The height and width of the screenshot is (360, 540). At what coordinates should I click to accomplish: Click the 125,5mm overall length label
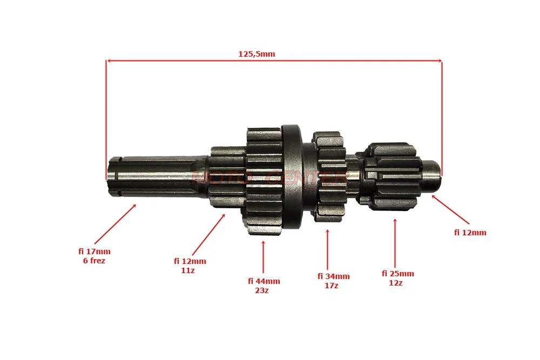click(x=256, y=54)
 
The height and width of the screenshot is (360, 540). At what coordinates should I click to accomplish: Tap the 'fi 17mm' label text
click(x=94, y=252)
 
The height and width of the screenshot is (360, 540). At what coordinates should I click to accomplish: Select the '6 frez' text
click(x=94, y=261)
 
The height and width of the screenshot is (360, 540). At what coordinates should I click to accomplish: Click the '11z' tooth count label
click(x=188, y=270)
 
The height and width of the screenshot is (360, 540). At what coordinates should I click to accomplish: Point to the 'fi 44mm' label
click(x=264, y=281)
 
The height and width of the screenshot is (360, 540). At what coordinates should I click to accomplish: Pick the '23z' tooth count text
click(x=262, y=290)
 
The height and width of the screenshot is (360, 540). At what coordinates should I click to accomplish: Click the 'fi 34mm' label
click(x=333, y=276)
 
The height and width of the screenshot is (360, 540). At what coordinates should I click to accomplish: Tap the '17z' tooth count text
click(x=332, y=286)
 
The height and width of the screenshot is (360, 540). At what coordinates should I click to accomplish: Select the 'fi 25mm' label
click(x=398, y=274)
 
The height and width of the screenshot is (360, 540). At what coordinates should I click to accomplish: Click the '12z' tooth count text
click(x=396, y=283)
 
